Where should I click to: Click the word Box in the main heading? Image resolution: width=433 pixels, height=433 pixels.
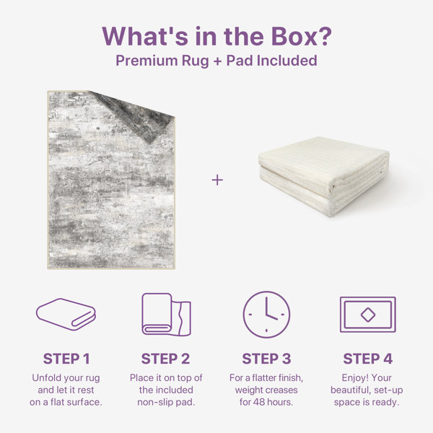click(x=294, y=36)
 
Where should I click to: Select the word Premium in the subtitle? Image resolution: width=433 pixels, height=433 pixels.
click(x=146, y=61)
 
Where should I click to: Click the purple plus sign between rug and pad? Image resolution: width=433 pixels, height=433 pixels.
click(x=217, y=180)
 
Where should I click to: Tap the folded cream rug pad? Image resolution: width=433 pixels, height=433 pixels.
click(x=324, y=175)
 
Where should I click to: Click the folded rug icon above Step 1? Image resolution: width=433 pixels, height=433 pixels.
click(x=66, y=314)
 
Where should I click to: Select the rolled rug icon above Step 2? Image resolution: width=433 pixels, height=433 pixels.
click(x=166, y=315)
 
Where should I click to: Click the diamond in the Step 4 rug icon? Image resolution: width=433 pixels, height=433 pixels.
click(x=368, y=315)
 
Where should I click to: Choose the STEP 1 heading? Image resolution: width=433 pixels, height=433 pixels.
click(x=66, y=359)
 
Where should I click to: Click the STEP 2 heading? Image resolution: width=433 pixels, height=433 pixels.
click(x=166, y=359)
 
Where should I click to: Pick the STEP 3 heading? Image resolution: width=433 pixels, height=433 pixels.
click(x=266, y=359)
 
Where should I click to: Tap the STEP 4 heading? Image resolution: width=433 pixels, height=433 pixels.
click(x=368, y=359)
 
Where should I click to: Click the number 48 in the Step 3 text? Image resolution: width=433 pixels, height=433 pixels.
click(x=259, y=402)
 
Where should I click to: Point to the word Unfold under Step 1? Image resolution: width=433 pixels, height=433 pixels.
click(x=45, y=377)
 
